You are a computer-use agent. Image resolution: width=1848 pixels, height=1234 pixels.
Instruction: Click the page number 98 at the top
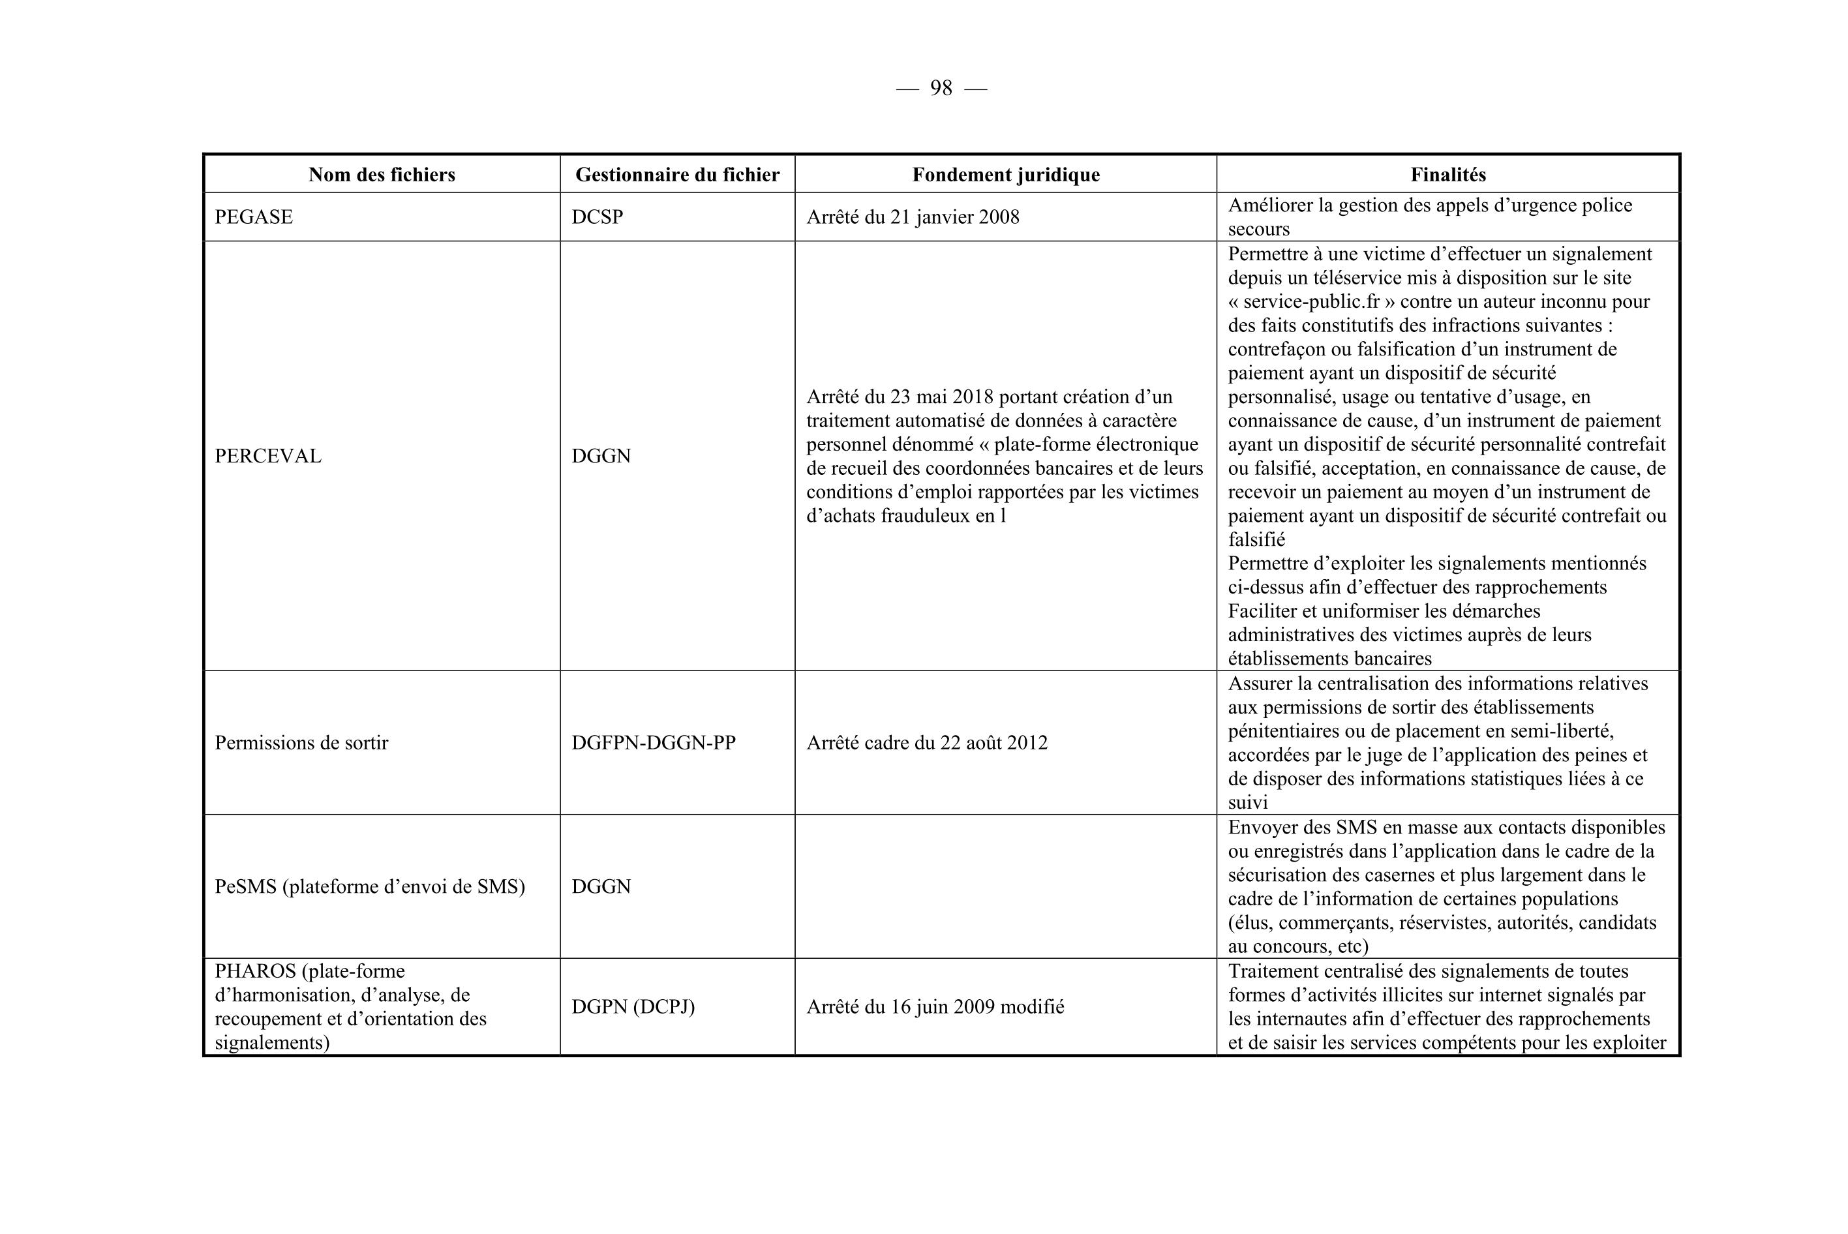(941, 88)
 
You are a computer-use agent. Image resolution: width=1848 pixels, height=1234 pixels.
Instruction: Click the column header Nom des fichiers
(382, 175)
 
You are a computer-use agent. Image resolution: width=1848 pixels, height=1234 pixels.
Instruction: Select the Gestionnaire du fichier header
(677, 175)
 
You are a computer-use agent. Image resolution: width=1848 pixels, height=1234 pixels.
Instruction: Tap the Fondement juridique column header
(1006, 175)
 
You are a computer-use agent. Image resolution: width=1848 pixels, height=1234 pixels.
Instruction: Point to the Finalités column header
(1447, 175)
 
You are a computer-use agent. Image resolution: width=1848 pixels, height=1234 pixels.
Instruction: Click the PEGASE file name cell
(254, 217)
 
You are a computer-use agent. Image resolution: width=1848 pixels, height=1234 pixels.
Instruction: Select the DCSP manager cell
(598, 217)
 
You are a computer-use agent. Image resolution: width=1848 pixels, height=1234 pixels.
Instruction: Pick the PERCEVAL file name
(267, 457)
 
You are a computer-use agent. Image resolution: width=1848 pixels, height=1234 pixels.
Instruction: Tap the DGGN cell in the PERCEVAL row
(601, 457)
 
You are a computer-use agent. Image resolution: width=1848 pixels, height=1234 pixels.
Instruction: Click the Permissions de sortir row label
(301, 743)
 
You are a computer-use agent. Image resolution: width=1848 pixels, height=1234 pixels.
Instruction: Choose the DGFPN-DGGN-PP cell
(653, 743)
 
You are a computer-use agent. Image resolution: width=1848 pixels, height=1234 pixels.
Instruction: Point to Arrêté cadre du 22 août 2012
(926, 743)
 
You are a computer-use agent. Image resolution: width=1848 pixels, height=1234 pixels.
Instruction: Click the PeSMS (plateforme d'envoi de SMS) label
(369, 887)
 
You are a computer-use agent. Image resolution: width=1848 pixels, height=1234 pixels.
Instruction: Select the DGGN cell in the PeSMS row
(601, 887)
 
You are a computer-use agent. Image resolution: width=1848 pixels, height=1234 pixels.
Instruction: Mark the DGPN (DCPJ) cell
(633, 1006)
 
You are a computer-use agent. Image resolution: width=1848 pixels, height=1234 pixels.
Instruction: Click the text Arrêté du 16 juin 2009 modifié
(935, 1006)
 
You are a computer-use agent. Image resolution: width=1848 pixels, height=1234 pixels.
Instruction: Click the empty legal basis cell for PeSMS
(1005, 887)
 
